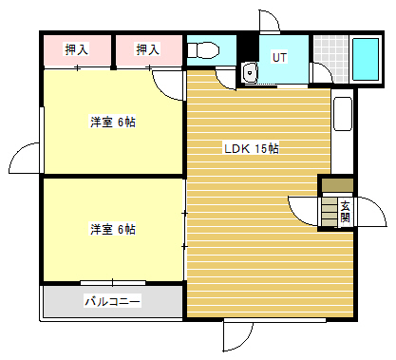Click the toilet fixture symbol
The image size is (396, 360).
[203, 50]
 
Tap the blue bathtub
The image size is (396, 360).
[366, 59]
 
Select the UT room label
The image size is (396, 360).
[279, 57]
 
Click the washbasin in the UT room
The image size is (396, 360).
[250, 72]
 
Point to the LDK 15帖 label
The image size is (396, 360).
[252, 148]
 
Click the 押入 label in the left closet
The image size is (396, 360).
[76, 49]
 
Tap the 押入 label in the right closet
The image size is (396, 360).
[147, 49]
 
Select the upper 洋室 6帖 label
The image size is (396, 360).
[113, 122]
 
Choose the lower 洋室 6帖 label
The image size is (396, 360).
[113, 229]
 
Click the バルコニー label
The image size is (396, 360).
[112, 301]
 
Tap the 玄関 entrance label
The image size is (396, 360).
[346, 212]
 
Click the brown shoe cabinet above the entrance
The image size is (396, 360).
[337, 185]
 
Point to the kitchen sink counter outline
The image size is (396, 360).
[343, 114]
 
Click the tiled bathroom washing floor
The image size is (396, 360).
[331, 59]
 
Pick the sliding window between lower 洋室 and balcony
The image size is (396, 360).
[113, 282]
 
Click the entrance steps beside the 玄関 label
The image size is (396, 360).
[330, 212]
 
